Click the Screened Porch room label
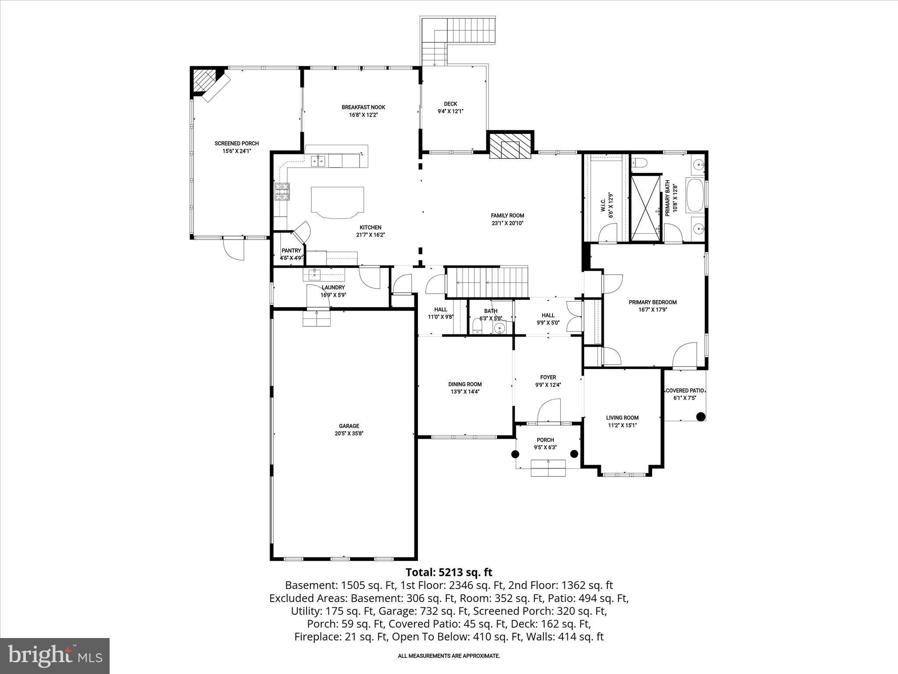236,143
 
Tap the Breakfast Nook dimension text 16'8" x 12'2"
363,115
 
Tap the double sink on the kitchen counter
318,161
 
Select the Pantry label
291,251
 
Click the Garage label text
349,426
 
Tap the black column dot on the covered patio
701,416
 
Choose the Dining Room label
465,384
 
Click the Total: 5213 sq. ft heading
449,572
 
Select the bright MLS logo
55,656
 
